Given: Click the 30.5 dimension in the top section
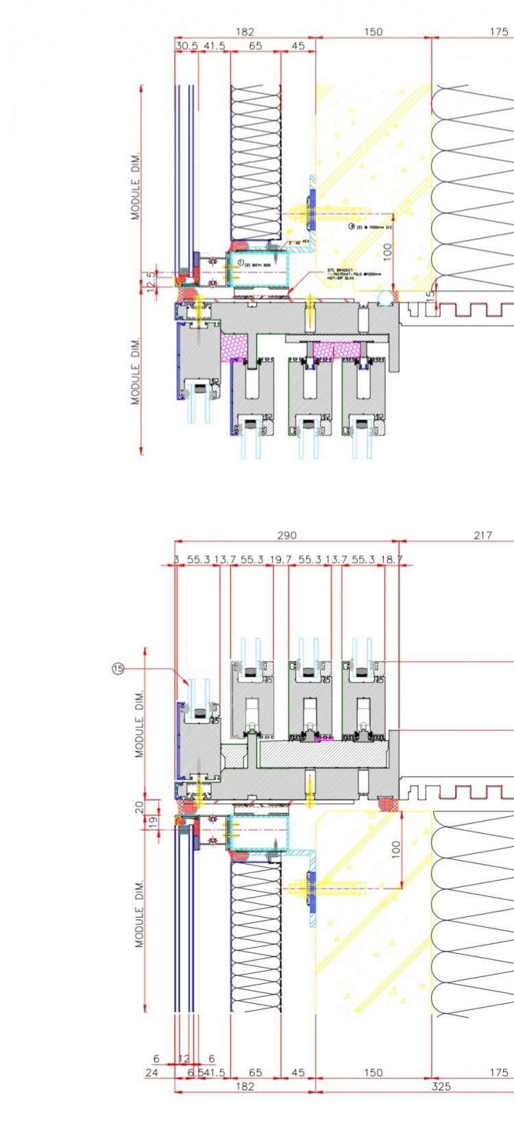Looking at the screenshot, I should coord(186,46).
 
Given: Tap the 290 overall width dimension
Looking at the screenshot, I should coord(286,535).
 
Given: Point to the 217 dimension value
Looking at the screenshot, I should coord(482,535).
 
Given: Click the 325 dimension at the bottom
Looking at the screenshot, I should coord(441,1086).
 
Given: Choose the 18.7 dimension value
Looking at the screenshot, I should coord(391,559).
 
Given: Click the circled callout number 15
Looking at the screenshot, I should coord(118,668).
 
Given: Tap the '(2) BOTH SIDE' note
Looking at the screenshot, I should coord(256,263).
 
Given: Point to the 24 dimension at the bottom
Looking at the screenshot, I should coord(151,1072).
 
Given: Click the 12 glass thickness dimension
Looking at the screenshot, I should coord(184,1059).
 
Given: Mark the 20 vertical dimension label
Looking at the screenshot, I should coord(139,807).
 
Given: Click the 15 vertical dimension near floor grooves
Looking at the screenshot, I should coord(430,296).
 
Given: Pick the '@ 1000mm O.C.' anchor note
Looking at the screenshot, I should coord(374,227).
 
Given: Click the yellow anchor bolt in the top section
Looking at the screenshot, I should coord(302,212).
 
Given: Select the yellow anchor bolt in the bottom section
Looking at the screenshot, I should coord(302,889).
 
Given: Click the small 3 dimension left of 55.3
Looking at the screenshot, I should coord(176,559).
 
